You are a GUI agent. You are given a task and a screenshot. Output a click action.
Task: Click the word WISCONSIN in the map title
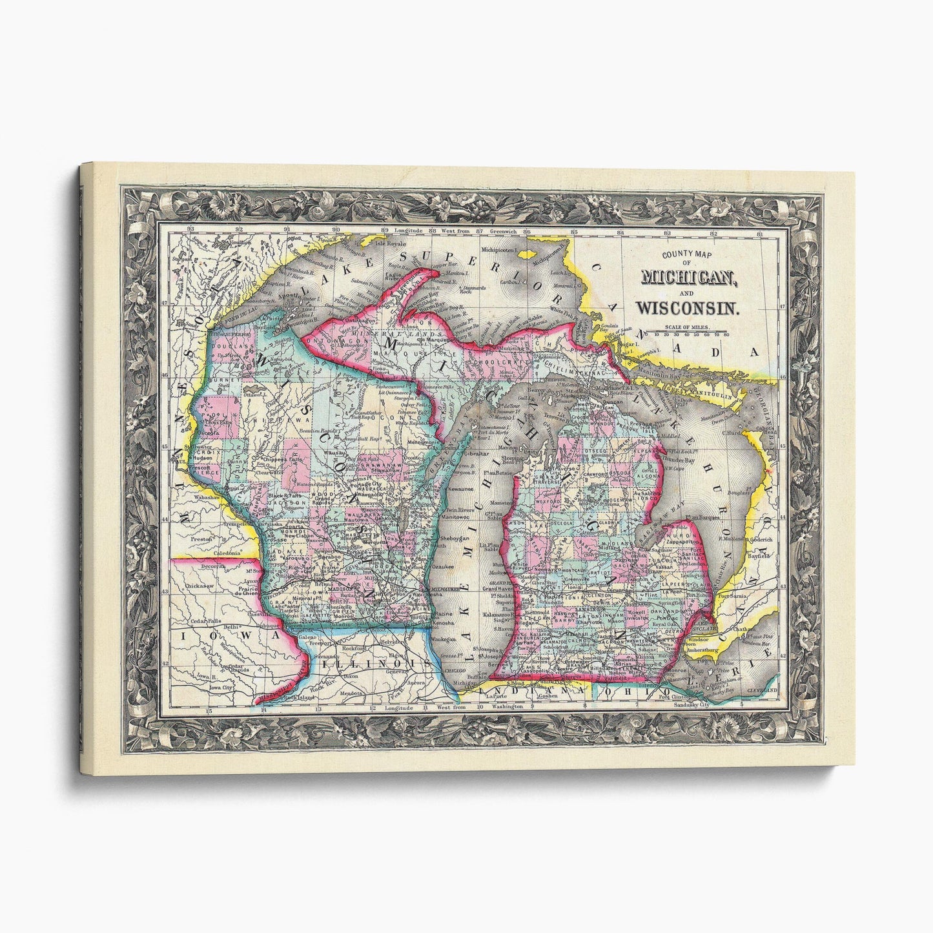pos(699,309)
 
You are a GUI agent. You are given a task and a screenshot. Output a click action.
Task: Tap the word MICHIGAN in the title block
pos(690,278)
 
